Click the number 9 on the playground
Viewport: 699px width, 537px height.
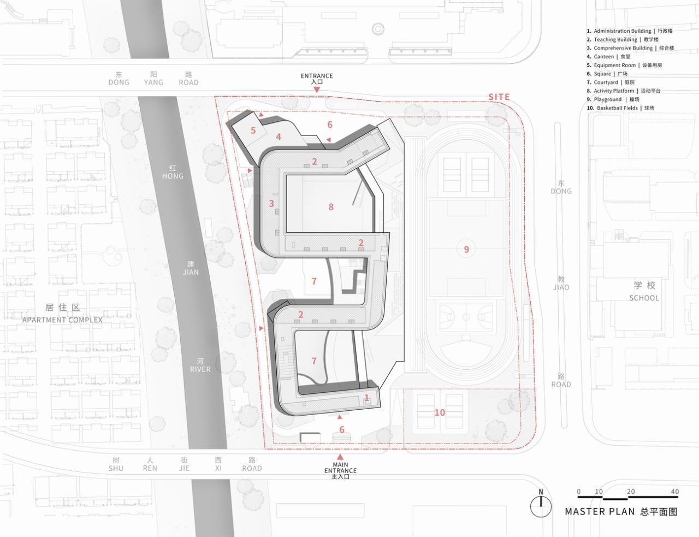pyautogui.click(x=466, y=250)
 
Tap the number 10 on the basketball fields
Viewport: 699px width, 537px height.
pyautogui.click(x=440, y=412)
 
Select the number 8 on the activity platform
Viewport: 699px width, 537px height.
pyautogui.click(x=331, y=207)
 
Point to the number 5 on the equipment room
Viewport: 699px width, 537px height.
pyautogui.click(x=253, y=130)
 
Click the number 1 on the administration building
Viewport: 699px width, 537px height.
pyautogui.click(x=367, y=398)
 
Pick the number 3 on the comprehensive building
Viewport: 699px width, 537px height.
pyautogui.click(x=271, y=204)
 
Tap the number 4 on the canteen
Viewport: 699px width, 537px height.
pyautogui.click(x=279, y=137)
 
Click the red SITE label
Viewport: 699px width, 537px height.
pyautogui.click(x=499, y=97)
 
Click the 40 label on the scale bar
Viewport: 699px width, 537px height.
pyautogui.click(x=675, y=492)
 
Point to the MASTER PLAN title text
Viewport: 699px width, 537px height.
pyautogui.click(x=600, y=512)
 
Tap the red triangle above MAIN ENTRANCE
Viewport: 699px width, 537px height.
pyautogui.click(x=341, y=456)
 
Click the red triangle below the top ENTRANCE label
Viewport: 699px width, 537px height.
pyautogui.click(x=317, y=90)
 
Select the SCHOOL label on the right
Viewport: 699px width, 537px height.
pyautogui.click(x=644, y=298)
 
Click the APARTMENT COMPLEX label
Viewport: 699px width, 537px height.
pyautogui.click(x=62, y=320)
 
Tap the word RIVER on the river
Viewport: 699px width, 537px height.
pyautogui.click(x=200, y=369)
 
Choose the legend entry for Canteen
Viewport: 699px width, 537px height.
pyautogui.click(x=608, y=56)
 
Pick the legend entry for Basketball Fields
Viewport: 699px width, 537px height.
pyautogui.click(x=620, y=108)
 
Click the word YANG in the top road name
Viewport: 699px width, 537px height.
pyautogui.click(x=153, y=82)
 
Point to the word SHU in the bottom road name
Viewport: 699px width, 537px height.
pyautogui.click(x=116, y=468)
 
